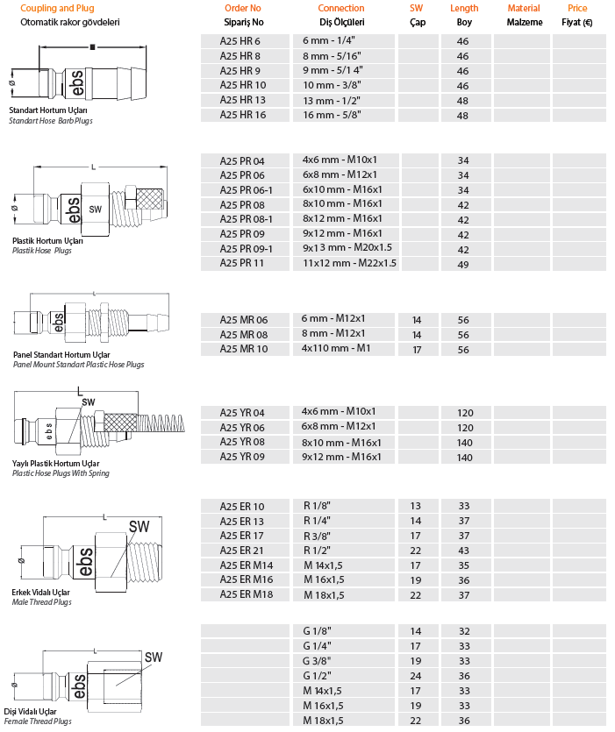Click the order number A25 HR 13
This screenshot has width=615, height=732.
(242, 100)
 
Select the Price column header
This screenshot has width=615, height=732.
(576, 8)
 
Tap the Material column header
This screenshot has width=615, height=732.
(524, 8)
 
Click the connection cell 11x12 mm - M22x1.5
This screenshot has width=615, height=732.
(349, 263)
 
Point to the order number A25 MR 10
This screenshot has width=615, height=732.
(243, 349)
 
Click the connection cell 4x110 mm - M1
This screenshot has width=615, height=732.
(337, 349)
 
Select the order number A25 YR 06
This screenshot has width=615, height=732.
(242, 426)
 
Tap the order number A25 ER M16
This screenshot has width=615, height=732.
(247, 579)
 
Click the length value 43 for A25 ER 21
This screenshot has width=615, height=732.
(463, 550)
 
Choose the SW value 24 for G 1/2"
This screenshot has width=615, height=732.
(416, 676)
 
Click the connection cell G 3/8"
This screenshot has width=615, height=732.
(318, 661)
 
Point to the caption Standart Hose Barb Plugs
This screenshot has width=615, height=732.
(50, 121)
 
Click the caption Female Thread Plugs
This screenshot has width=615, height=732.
(39, 721)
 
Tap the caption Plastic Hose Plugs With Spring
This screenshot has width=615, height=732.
(61, 473)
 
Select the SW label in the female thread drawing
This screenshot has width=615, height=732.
(154, 657)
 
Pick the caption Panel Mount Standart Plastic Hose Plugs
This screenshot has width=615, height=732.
(78, 365)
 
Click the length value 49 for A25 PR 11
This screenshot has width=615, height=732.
(463, 263)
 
